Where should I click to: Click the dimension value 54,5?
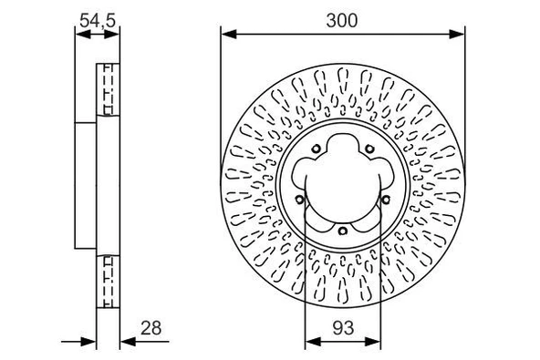[97, 21]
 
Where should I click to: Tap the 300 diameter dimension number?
[342, 21]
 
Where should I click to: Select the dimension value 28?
[151, 328]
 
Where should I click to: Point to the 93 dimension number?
[343, 328]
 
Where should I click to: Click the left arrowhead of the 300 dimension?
[229, 34]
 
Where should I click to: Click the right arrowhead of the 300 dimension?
[457, 34]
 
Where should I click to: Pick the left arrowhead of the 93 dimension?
[313, 342]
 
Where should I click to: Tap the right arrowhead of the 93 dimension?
[373, 342]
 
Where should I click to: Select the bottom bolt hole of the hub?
[342, 231]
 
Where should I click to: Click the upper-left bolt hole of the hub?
[316, 149]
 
